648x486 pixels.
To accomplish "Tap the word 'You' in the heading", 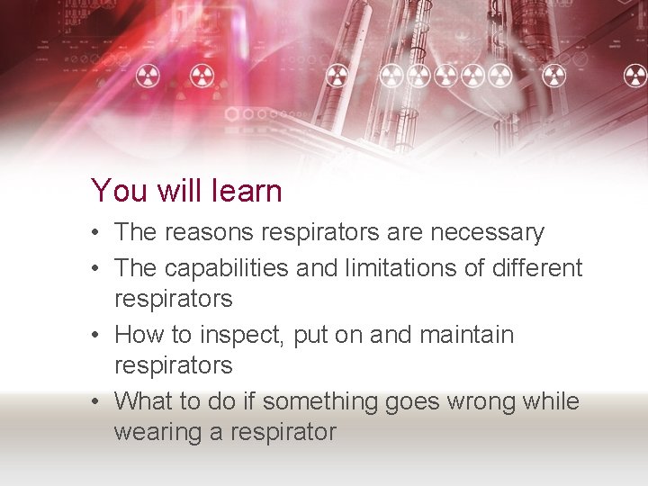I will click(114, 191).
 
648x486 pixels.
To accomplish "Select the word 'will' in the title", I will click(175, 191).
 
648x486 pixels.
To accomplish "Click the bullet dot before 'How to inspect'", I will click(94, 336).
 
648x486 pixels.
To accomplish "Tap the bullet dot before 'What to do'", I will click(94, 401).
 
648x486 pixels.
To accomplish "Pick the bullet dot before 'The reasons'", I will click(94, 233).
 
